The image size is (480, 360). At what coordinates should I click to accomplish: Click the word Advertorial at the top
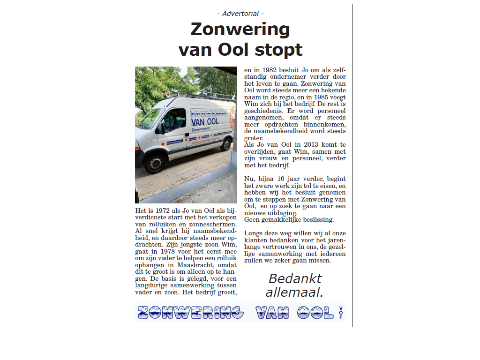click(x=240, y=14)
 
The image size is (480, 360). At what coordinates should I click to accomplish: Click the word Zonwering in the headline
click(x=240, y=30)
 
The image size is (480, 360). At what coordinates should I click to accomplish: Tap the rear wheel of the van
click(x=225, y=143)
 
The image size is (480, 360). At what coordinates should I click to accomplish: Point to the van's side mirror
click(x=161, y=127)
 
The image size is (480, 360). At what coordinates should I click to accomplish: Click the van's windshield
click(x=149, y=119)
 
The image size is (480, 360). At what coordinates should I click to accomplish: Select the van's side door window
click(x=175, y=120)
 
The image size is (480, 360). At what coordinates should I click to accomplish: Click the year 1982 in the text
click(x=269, y=70)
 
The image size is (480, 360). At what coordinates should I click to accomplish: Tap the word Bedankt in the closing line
click(x=295, y=279)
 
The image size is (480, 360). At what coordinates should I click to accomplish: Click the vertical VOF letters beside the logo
click(x=341, y=313)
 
